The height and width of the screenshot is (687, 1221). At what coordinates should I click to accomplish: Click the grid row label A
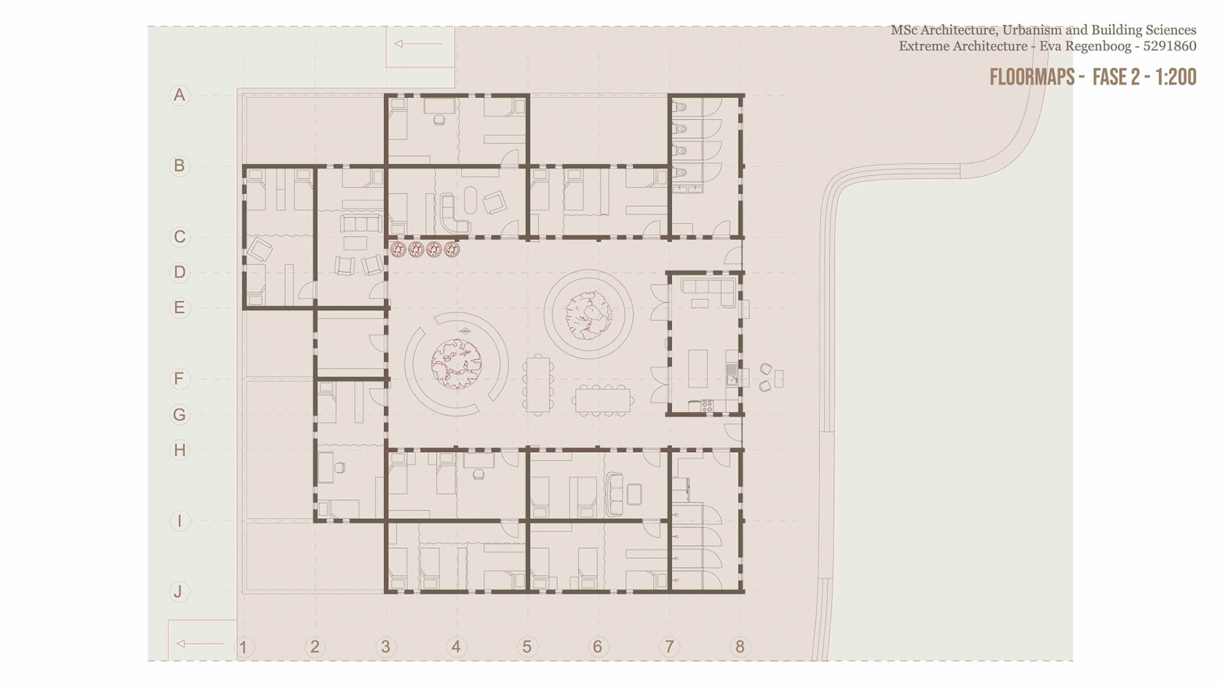pos(179,95)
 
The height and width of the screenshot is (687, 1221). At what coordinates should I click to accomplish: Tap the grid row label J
pos(179,592)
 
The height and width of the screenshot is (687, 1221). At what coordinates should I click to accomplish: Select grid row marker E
pos(179,308)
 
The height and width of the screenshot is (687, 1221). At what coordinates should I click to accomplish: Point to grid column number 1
pos(244,648)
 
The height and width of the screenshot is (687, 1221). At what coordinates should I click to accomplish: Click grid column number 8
pos(740,647)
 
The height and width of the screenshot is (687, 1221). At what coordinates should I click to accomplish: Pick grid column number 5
pos(527,647)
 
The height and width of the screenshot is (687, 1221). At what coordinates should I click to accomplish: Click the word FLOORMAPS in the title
pos(1032,77)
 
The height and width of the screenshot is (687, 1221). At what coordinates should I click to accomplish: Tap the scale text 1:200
pos(1176,77)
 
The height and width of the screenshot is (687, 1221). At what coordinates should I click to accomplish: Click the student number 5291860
pos(1169,46)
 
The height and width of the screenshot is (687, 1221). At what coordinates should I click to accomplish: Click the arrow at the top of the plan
pos(418,44)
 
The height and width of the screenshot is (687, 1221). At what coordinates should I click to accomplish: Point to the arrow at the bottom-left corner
pos(200,644)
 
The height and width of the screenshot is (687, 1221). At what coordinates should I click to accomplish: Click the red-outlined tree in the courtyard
pos(456,364)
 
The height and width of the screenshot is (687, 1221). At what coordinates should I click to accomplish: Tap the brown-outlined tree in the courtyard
pos(588,314)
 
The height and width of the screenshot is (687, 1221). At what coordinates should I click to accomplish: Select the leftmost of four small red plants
pos(398,249)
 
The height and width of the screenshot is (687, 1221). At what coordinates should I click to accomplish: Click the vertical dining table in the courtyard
pos(538,385)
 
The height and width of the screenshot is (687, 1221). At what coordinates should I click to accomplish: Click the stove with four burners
pos(707,405)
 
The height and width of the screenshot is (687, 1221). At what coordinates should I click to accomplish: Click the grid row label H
pos(179,450)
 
